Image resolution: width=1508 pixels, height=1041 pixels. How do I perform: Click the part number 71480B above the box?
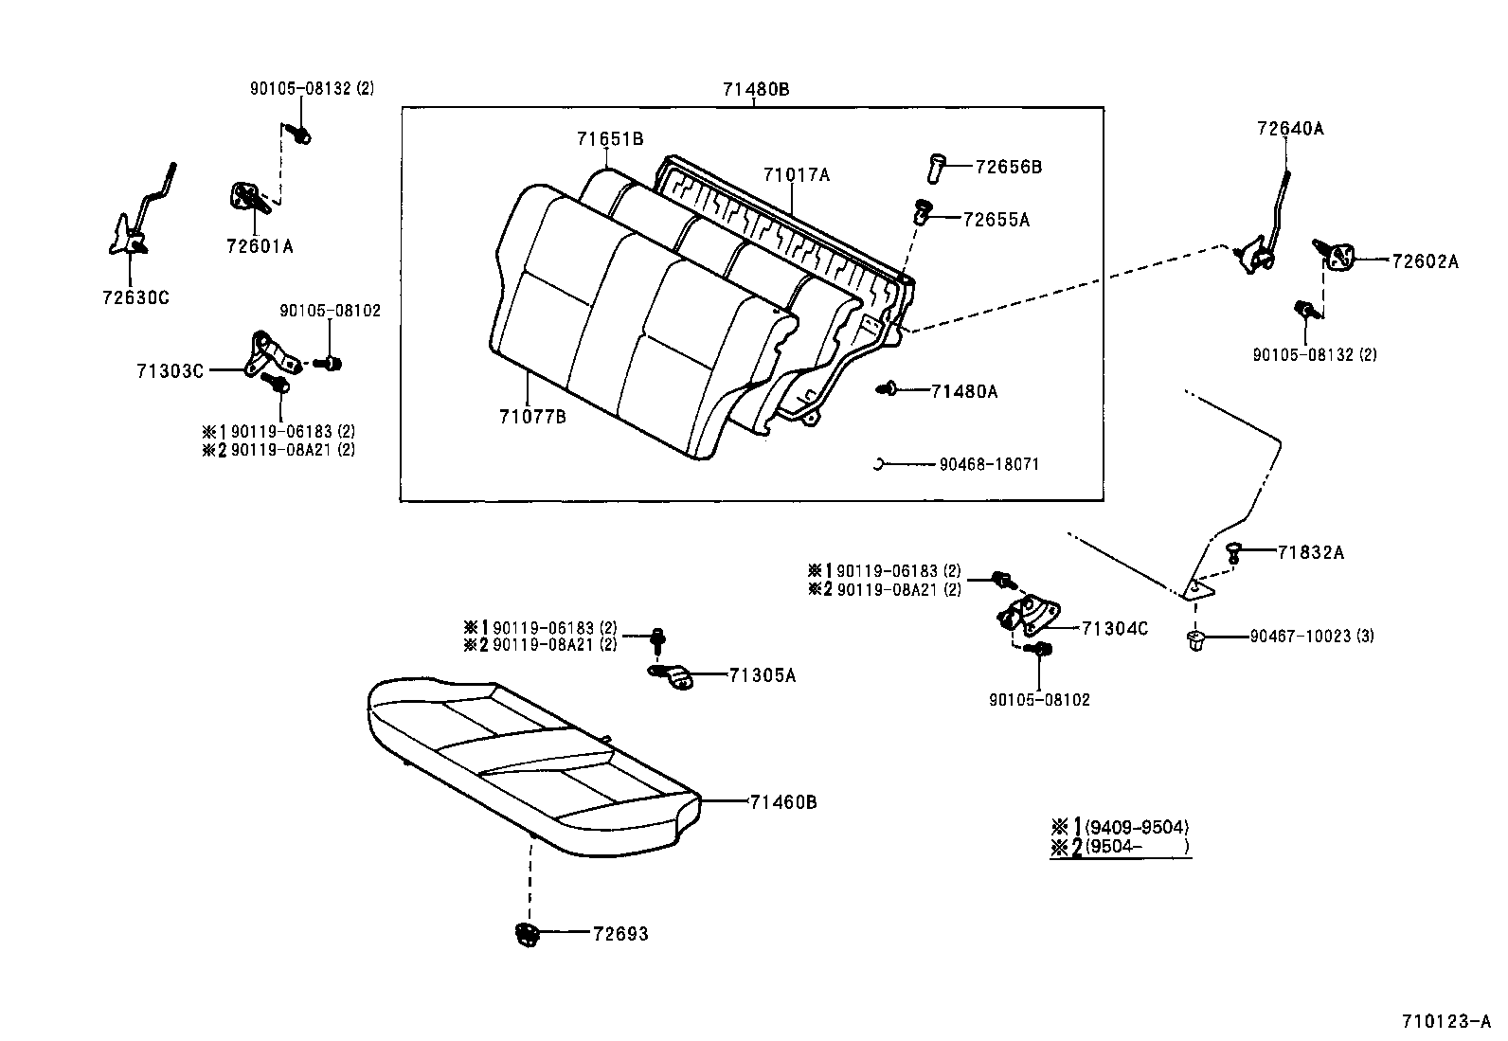click(755, 90)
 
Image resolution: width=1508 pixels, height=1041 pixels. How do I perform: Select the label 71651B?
click(610, 139)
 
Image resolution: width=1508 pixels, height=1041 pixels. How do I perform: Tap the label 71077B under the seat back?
click(533, 416)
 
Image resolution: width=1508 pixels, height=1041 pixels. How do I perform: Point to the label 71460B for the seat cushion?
click(782, 802)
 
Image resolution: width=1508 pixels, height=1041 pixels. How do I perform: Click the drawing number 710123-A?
click(1446, 1022)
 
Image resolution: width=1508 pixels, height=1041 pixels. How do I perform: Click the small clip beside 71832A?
click(1233, 550)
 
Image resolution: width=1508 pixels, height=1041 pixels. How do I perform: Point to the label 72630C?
click(135, 297)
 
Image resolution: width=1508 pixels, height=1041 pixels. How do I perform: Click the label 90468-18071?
click(989, 465)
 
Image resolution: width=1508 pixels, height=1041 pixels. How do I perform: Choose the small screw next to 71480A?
click(887, 388)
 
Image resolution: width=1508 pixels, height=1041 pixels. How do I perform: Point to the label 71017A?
click(797, 175)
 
